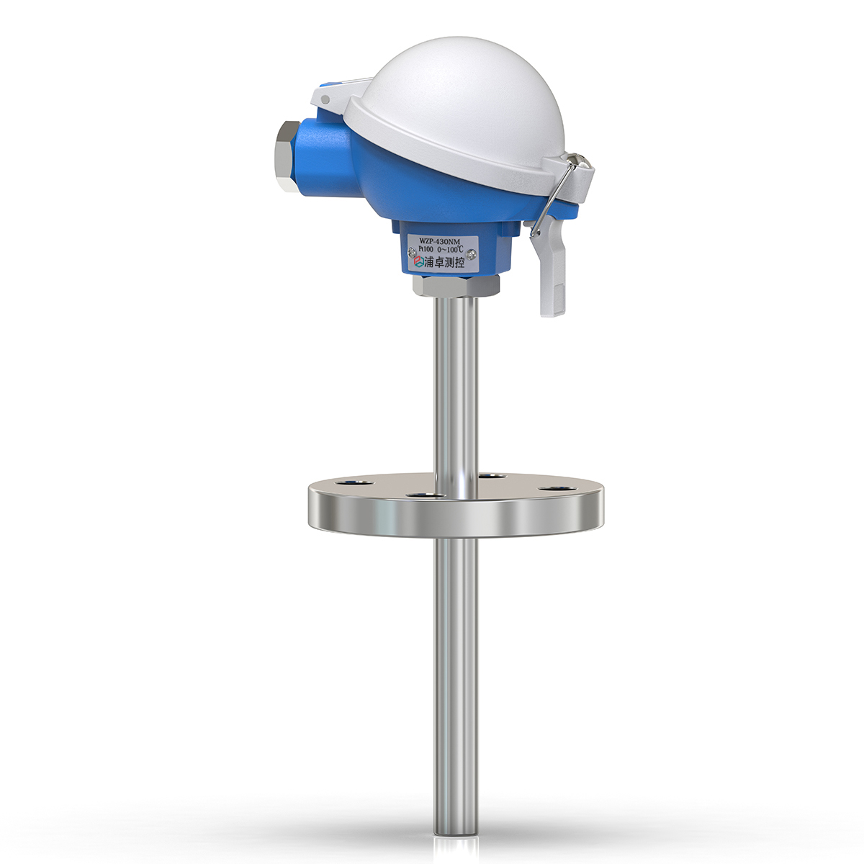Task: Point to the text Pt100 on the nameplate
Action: click(420, 250)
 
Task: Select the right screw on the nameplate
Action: click(472, 253)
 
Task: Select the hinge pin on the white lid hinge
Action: click(325, 99)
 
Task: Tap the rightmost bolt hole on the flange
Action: click(553, 490)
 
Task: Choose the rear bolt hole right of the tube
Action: click(490, 476)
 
